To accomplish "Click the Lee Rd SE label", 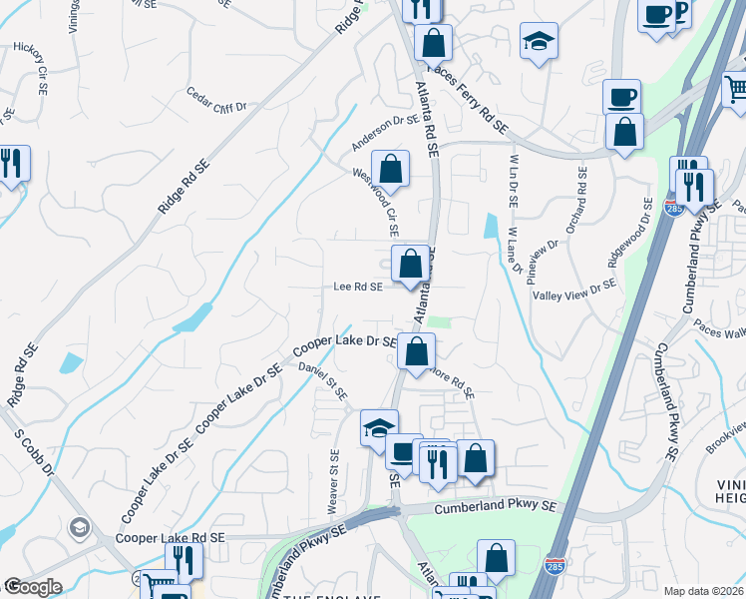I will (358, 287).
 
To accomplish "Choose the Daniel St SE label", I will (322, 383).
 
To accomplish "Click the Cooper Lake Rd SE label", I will (171, 537).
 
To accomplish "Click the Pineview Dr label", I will (545, 264).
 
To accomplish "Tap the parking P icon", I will (681, 14).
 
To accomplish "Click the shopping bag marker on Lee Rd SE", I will (410, 265).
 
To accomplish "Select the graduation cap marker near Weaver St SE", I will (379, 427).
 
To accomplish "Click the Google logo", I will (33, 586).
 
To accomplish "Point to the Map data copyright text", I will (703, 591).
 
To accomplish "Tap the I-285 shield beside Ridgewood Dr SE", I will (672, 209).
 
